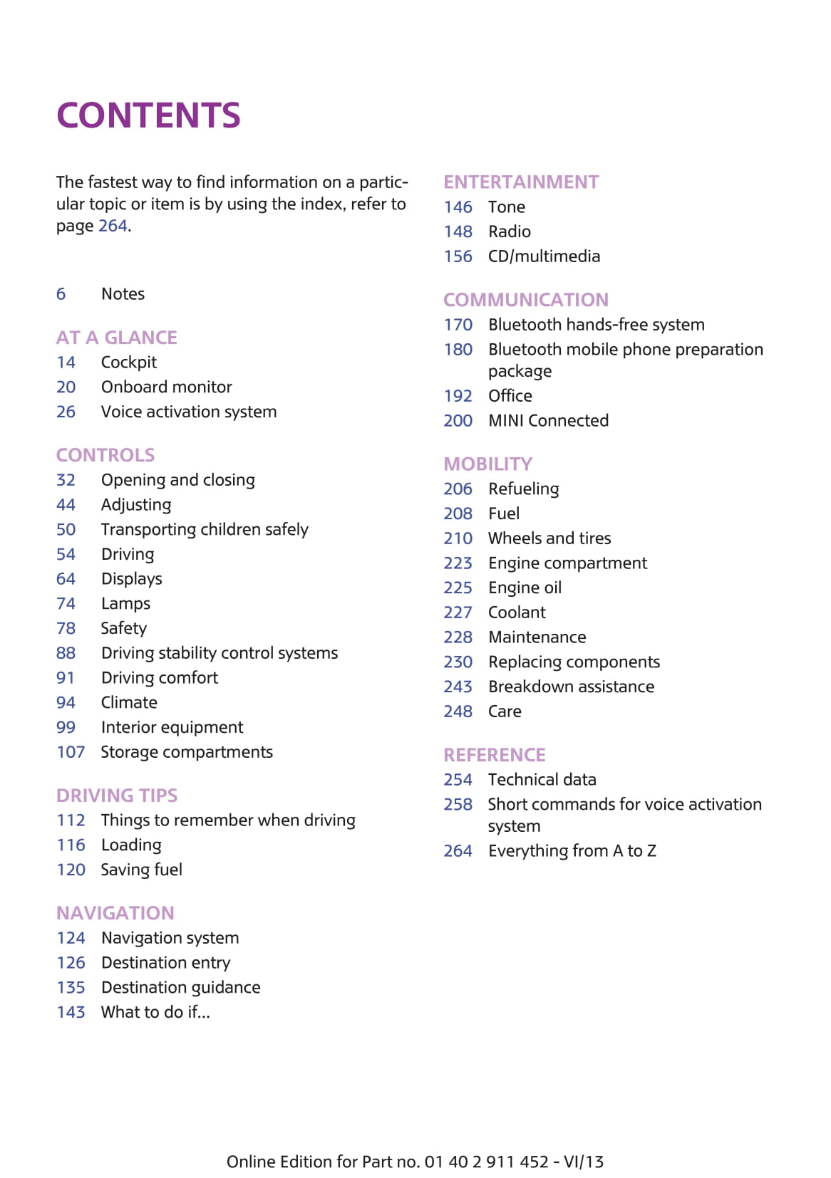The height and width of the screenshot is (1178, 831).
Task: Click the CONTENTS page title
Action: tap(148, 115)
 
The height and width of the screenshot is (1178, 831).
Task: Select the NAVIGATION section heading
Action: tap(115, 913)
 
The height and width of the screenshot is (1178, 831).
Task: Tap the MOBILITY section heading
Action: tap(487, 464)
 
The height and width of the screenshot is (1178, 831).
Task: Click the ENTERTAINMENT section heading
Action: tap(521, 182)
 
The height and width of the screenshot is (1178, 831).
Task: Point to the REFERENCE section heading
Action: tap(495, 755)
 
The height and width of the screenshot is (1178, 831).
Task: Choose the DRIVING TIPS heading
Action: tap(117, 796)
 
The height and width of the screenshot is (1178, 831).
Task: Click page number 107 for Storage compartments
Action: tap(71, 752)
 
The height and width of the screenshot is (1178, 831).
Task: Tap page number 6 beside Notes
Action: tap(61, 294)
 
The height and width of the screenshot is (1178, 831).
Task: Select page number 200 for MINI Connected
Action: tap(458, 421)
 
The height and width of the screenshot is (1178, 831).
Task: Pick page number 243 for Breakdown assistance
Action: tap(458, 687)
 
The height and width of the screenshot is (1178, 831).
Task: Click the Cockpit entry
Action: tap(129, 363)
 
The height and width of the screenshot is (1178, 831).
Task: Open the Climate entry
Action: tap(129, 703)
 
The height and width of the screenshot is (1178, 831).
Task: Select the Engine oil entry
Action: tap(525, 588)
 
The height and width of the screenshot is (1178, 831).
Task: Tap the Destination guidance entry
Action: tap(180, 988)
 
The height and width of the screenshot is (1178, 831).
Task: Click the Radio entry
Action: tap(510, 232)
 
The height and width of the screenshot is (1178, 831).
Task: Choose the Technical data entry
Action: tap(542, 780)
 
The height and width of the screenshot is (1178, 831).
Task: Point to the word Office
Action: tap(510, 396)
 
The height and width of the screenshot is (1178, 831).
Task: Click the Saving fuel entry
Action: tap(141, 870)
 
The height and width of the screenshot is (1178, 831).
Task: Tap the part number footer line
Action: tap(415, 1162)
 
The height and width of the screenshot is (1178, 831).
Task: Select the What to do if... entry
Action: tap(155, 1013)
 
